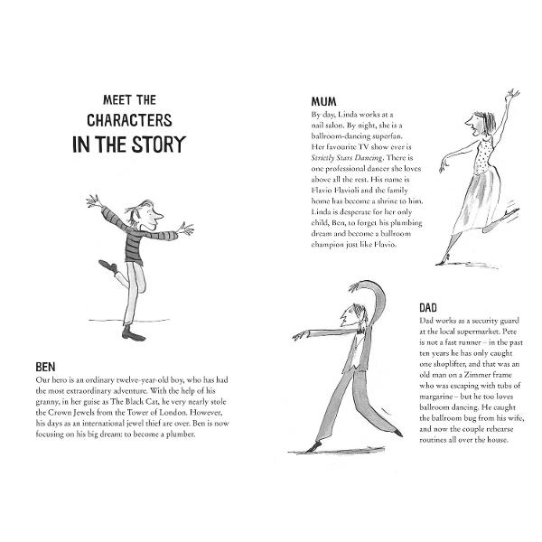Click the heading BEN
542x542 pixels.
click(45, 367)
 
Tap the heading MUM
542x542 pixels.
click(323, 101)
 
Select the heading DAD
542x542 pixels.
click(428, 308)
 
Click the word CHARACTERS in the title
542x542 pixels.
click(129, 120)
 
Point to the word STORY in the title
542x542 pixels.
click(159, 145)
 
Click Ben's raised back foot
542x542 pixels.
click(107, 266)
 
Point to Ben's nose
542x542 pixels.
click(159, 216)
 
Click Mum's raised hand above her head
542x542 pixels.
click(512, 95)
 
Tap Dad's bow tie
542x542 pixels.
click(360, 331)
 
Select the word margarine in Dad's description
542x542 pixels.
click(436, 397)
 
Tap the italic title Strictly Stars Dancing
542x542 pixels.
click(347, 158)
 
